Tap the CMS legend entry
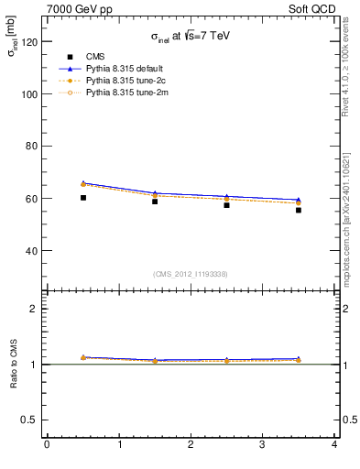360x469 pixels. coord(95,57)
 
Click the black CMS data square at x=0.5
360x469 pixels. coord(83,197)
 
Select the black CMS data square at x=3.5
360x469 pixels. coord(299,210)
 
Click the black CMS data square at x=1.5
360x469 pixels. coord(155,201)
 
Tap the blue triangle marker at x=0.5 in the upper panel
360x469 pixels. coord(83,183)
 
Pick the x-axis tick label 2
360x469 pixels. coord(191,445)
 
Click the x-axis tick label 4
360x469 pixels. coord(334,445)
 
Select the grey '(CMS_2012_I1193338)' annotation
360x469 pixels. coord(190,274)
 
